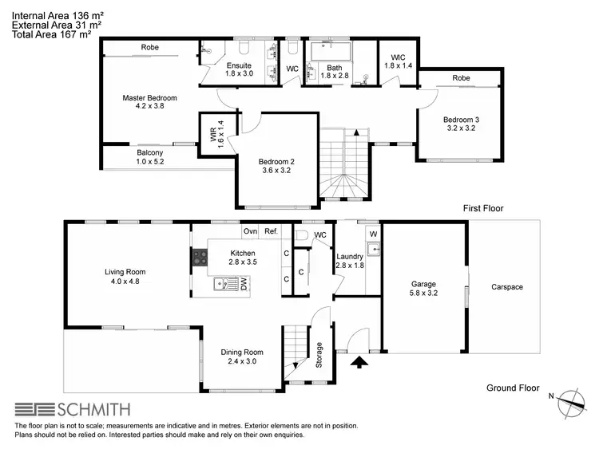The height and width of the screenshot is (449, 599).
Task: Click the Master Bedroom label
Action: coord(149,98)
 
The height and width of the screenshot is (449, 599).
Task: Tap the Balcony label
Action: coord(149,152)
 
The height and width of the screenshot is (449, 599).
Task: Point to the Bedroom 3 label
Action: coord(462,120)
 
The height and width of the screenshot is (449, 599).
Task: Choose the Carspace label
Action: coord(507,287)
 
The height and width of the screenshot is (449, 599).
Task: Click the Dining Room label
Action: coord(242,352)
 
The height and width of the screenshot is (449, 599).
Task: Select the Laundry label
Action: coord(349,256)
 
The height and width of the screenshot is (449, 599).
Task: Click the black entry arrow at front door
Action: coord(359,364)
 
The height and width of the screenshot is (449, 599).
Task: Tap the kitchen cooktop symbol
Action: coord(199,258)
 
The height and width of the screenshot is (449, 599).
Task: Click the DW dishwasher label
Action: coord(244,284)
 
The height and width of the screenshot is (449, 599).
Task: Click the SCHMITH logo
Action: coord(73,410)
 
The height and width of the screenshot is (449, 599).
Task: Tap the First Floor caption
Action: coord(484,208)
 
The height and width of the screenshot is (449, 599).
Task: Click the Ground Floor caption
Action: coord(513,388)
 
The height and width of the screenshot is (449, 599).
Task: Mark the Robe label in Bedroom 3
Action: coord(460,78)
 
